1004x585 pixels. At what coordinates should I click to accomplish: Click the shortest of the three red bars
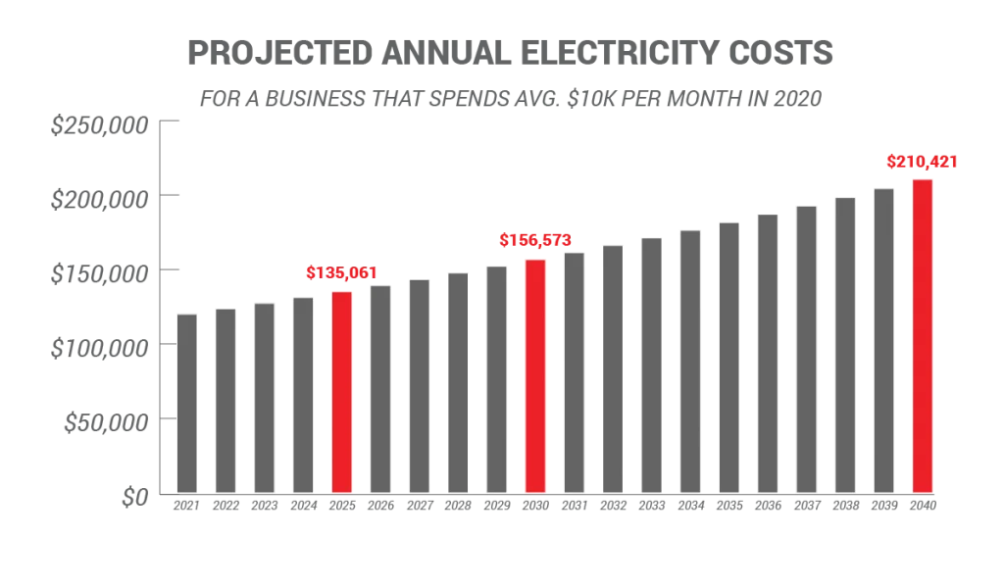[341, 392]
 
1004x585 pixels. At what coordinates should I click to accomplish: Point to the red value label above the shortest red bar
[341, 273]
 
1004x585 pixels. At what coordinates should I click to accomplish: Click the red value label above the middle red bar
[534, 239]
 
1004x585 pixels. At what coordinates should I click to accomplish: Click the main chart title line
[514, 55]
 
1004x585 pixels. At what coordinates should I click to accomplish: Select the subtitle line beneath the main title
[508, 98]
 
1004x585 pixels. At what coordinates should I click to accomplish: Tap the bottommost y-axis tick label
[131, 496]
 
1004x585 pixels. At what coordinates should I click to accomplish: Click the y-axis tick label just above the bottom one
[106, 422]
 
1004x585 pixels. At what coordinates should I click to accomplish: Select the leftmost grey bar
[186, 403]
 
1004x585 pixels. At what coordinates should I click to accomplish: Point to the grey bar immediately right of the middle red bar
[574, 372]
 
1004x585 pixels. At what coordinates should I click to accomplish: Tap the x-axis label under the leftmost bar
[186, 508]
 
